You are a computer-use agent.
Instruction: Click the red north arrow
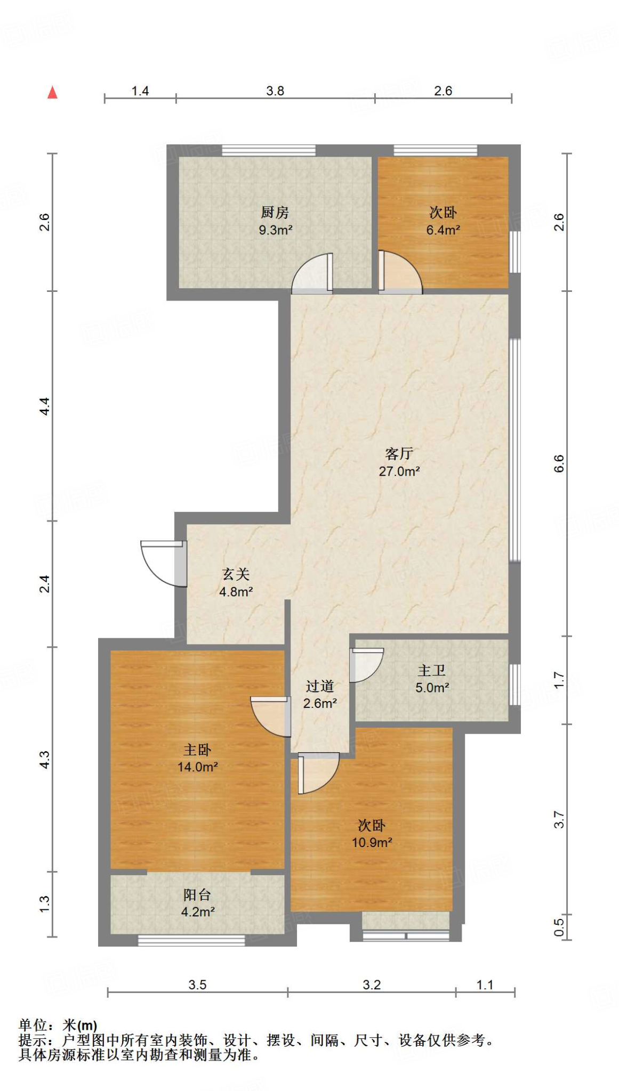pos(52,93)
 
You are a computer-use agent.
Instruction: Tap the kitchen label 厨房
pos(275,213)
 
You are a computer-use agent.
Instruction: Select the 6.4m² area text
pos(443,230)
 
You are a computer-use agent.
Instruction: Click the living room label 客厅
pos(399,454)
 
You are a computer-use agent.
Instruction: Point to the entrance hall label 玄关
pos(236,574)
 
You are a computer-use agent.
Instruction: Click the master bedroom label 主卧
pos(197,750)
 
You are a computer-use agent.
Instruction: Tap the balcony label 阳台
pos(197,895)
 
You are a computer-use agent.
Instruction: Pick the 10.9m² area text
pos(372,842)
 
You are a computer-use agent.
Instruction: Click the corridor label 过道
pos(320,686)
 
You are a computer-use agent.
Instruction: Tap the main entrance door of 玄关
pos(163,564)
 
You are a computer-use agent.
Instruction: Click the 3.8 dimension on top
pos(275,91)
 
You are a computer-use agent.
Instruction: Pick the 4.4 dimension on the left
pos(45,406)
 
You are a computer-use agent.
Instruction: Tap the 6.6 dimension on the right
pos(558,463)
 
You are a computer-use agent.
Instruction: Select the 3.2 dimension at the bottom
pos(372,984)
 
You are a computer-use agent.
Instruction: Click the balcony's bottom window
pos(191,941)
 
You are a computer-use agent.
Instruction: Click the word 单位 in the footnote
pos(33,1025)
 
